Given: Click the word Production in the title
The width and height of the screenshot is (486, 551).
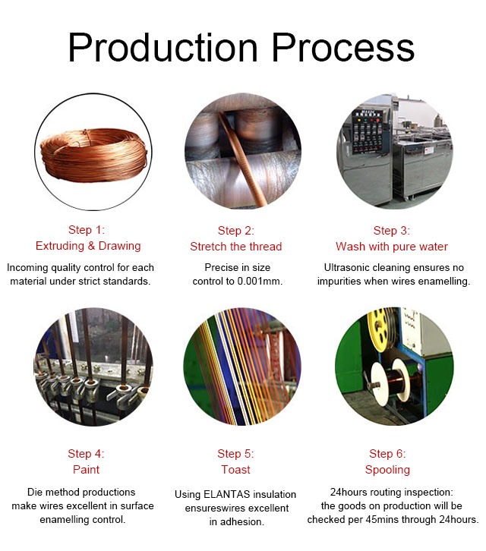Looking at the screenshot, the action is tap(163, 48).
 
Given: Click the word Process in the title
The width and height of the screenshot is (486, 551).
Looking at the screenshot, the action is tap(343, 48).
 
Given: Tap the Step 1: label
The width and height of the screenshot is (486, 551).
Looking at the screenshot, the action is tap(87, 230).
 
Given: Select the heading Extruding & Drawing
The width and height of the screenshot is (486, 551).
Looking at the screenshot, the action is tap(88, 246).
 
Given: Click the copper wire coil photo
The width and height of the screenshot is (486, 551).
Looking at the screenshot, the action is tap(93, 155).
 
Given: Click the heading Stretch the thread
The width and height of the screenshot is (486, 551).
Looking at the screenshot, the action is tap(236, 247).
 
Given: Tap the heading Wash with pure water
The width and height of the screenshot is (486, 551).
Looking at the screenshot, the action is tap(392, 247).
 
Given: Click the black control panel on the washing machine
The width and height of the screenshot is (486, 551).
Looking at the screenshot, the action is tap(368, 131).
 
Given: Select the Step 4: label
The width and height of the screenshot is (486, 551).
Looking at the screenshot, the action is tap(86, 454).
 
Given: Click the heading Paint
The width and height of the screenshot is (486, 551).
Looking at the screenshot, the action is tap(86, 470).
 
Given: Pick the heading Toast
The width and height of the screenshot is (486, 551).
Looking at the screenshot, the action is tap(235, 470).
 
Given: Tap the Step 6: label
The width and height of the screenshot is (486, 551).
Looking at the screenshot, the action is tap(387, 454).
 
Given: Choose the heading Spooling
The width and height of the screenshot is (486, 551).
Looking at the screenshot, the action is tap(387, 470).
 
